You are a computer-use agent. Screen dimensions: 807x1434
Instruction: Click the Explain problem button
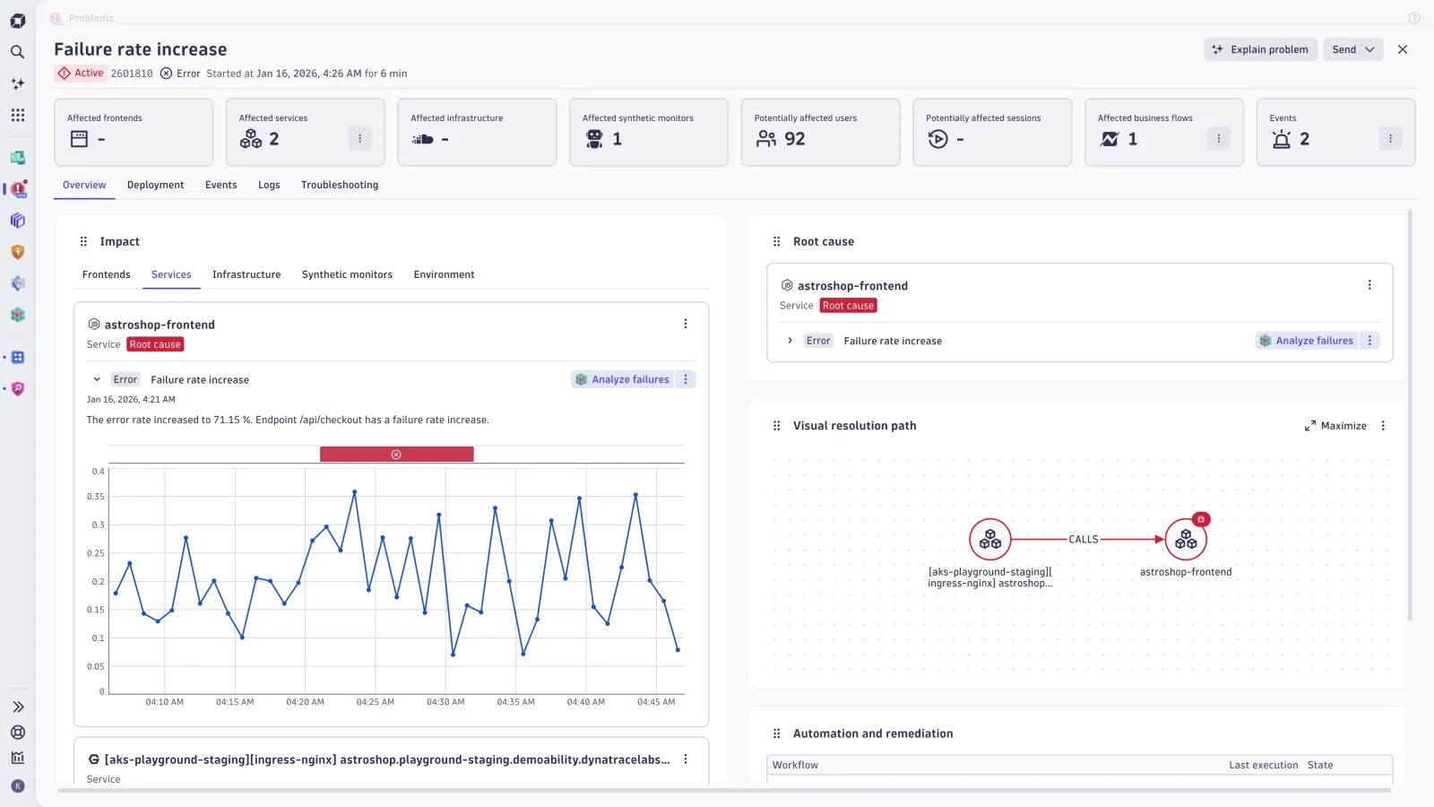click(x=1260, y=49)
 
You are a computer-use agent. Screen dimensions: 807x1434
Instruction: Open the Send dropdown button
click(x=1352, y=49)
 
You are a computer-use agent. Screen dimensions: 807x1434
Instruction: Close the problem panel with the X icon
click(x=1403, y=49)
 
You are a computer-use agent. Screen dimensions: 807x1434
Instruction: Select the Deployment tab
click(x=155, y=185)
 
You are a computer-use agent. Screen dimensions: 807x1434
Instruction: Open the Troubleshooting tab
click(x=340, y=185)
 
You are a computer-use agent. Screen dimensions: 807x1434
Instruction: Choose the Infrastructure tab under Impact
click(x=246, y=274)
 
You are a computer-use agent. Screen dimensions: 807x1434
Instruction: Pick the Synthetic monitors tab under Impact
click(x=347, y=274)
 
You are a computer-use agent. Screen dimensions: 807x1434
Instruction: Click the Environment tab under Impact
click(x=444, y=274)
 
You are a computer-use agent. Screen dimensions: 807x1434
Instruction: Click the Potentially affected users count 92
click(x=794, y=139)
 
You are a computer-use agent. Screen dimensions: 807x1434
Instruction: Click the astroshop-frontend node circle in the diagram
click(x=1186, y=540)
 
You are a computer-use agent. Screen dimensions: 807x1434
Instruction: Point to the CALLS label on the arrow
click(x=1084, y=540)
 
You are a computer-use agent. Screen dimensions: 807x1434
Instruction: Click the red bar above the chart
click(x=396, y=455)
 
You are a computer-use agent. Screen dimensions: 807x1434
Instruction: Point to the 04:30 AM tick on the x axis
click(x=445, y=702)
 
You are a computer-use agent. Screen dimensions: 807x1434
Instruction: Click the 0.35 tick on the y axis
click(x=96, y=497)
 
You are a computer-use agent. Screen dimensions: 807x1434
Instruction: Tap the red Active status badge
click(x=81, y=74)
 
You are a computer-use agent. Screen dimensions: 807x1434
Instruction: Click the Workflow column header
click(x=795, y=765)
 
